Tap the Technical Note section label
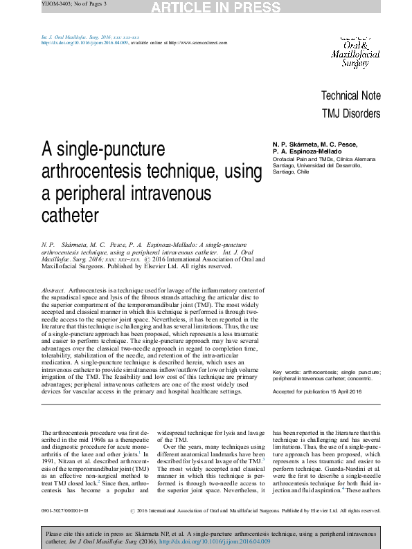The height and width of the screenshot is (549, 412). click(x=350, y=95)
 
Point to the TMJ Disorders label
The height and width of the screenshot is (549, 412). click(x=351, y=113)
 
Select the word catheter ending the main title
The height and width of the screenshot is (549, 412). click(x=71, y=215)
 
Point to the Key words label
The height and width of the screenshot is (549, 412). click(x=287, y=372)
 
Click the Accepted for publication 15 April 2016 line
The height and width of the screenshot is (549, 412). click(x=317, y=392)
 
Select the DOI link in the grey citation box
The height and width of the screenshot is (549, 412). click(x=215, y=541)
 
